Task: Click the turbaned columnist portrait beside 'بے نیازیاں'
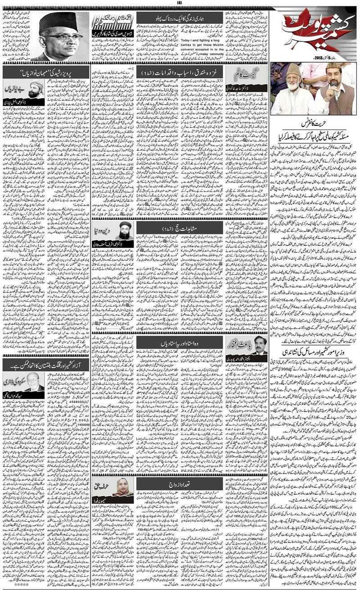[x=36, y=89]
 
